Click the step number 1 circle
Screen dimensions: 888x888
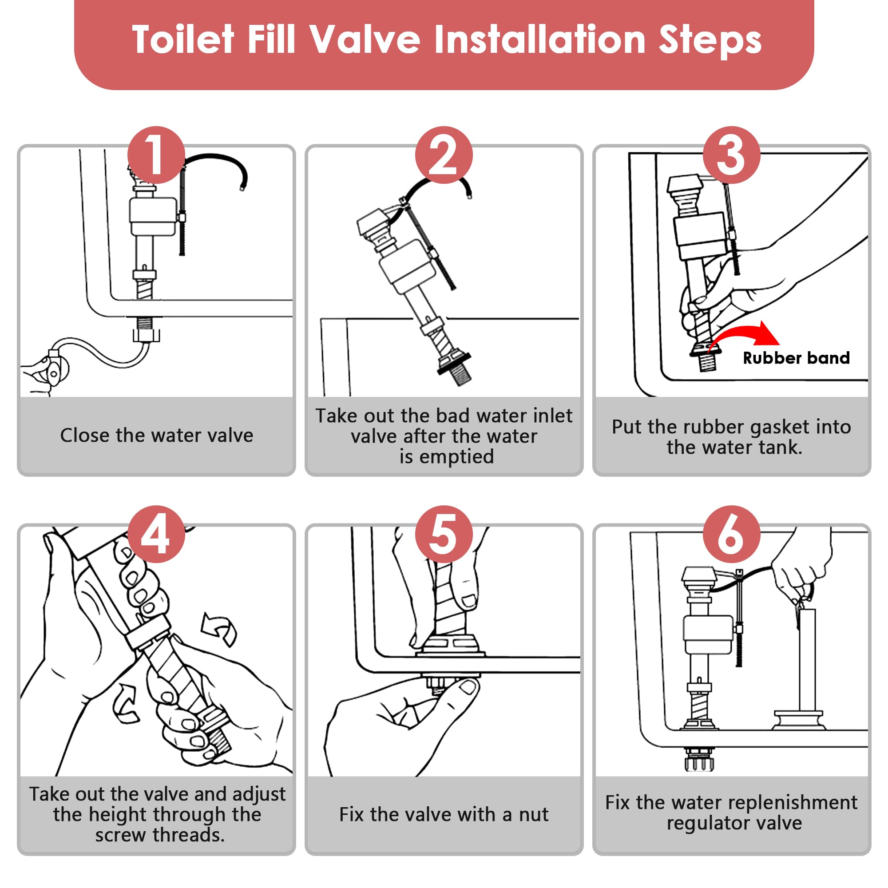click(156, 155)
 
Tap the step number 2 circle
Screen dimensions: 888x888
click(444, 155)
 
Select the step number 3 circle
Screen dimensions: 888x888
click(731, 155)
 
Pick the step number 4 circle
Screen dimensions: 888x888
click(156, 534)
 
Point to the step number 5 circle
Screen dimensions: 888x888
click(444, 534)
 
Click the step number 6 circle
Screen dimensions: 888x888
click(731, 534)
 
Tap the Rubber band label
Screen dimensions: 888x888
click(796, 358)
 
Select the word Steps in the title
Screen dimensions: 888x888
click(710, 40)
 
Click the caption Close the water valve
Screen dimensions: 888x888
click(156, 435)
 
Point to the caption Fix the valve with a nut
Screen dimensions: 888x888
click(444, 815)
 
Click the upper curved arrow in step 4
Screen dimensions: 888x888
click(220, 629)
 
